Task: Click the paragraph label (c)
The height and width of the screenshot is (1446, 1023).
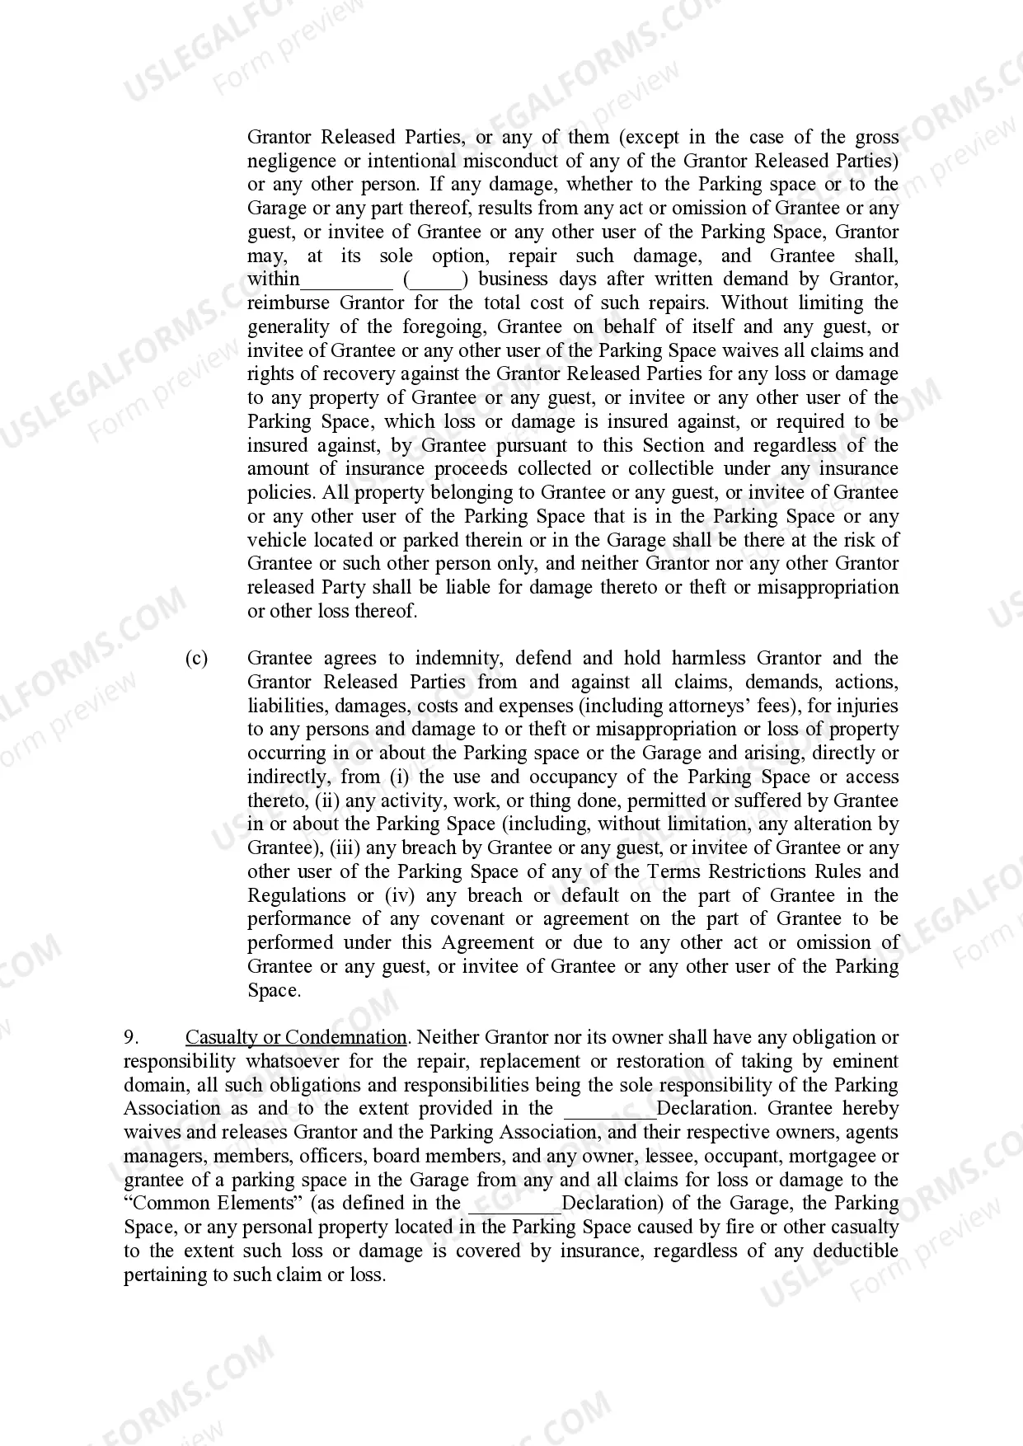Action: [x=196, y=659]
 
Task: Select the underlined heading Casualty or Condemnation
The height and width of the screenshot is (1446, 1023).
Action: [x=296, y=1038]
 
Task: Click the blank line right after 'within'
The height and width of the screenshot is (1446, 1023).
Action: [x=347, y=280]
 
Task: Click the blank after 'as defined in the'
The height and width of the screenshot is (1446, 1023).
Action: [x=514, y=1204]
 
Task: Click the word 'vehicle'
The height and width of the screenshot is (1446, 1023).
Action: [x=277, y=541]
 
